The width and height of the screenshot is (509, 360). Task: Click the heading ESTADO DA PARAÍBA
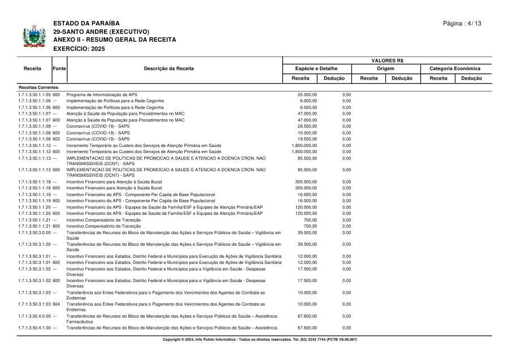(x=87, y=23)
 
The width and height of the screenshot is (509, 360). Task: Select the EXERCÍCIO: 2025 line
(x=76, y=49)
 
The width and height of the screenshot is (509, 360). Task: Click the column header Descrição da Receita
(x=169, y=68)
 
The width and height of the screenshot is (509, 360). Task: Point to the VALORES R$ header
(x=387, y=60)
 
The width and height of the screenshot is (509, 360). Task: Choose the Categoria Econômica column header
(x=455, y=68)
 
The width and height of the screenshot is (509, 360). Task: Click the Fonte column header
(x=59, y=68)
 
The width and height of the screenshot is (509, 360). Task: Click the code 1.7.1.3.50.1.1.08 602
(x=39, y=138)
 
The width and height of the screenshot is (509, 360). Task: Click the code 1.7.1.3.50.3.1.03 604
(x=39, y=303)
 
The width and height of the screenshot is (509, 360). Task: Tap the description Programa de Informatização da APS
(x=102, y=94)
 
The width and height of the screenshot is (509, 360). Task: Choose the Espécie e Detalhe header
(x=317, y=68)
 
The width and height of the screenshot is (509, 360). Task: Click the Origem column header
(x=387, y=68)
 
